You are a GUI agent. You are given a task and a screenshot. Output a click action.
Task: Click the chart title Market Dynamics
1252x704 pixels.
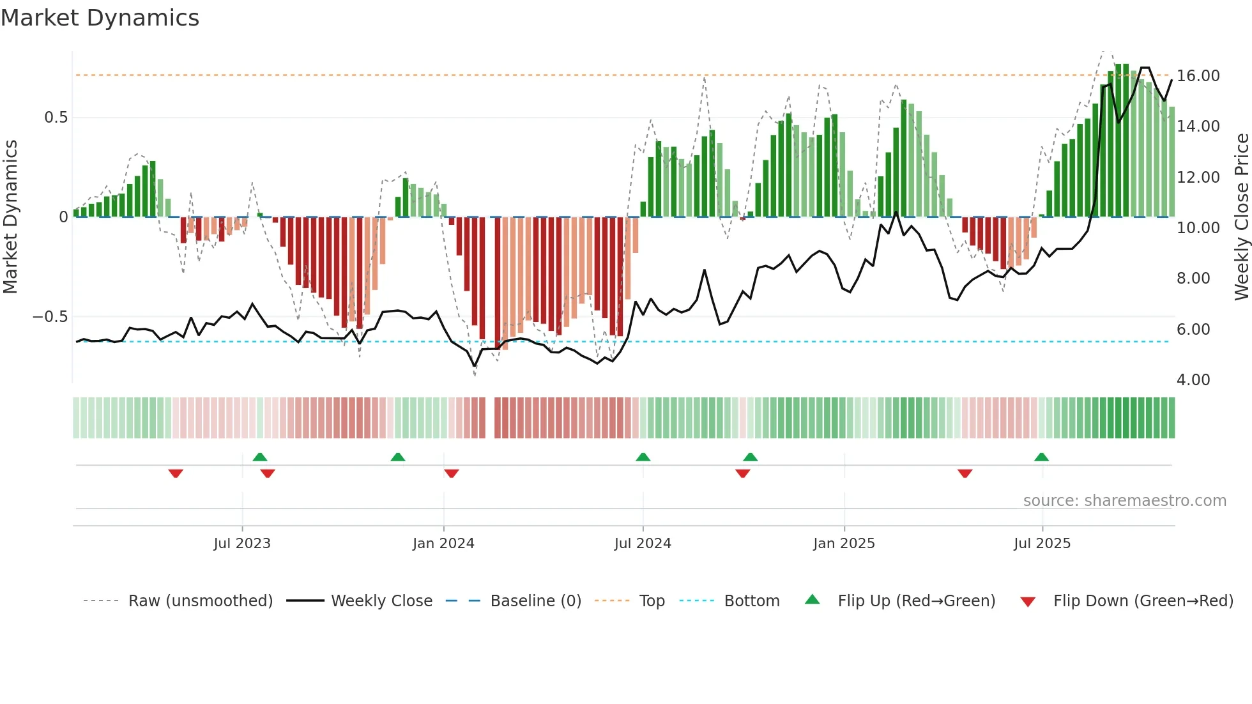point(100,18)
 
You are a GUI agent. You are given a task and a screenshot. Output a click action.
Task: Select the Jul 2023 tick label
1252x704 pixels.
point(242,544)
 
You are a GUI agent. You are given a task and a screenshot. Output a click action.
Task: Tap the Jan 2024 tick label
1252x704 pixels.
point(443,544)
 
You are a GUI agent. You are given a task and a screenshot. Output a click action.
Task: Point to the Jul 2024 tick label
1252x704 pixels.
point(643,544)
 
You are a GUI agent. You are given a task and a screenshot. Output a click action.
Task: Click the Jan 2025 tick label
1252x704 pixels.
point(844,544)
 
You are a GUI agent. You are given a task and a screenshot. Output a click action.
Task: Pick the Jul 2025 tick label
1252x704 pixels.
point(1042,544)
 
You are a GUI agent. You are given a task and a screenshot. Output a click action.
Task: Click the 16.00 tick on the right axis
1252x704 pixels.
point(1198,76)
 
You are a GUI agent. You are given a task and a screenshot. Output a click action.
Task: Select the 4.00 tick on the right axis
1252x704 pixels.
point(1193,380)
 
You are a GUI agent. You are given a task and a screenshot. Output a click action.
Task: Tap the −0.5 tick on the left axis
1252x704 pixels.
point(50,317)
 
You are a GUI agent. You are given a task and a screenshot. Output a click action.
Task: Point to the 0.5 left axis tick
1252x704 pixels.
point(56,118)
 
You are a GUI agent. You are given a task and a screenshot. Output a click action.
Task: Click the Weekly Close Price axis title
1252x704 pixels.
point(1241,217)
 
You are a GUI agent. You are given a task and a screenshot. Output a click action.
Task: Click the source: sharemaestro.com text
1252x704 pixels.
point(1124,501)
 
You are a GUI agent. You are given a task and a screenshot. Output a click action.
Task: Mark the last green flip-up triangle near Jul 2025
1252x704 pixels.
point(1041,457)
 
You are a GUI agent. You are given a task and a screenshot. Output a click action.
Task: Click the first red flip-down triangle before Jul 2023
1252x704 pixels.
point(176,473)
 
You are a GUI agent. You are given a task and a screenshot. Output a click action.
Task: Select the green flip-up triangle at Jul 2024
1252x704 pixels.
point(643,457)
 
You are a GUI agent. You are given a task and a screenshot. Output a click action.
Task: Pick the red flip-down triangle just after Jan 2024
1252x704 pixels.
point(451,473)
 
